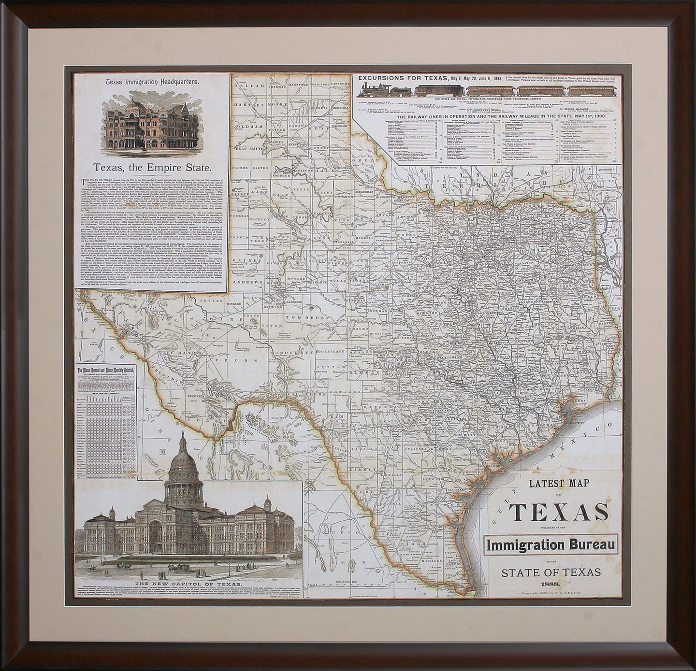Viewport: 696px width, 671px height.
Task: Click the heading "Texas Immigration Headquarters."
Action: [152, 82]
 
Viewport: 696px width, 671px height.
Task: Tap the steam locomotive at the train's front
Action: [374, 90]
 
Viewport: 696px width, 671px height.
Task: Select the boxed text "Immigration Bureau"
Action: [551, 545]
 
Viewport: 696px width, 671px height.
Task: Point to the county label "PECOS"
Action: [240, 360]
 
